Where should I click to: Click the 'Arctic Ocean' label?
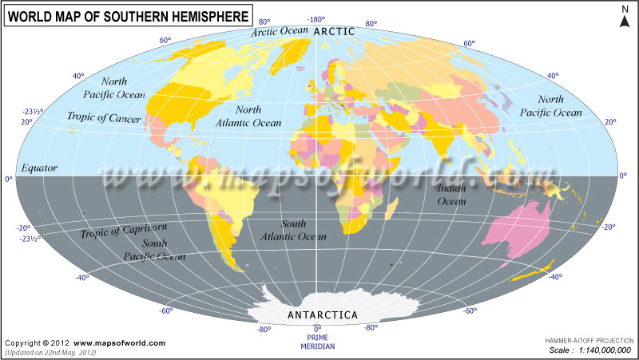coord(279,32)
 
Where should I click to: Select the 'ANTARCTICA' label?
coord(322,315)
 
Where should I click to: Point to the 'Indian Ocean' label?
coord(452,195)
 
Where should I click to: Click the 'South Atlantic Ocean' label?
coord(292,231)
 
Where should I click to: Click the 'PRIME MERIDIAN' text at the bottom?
coord(318,342)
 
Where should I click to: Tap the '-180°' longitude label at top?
coord(317,19)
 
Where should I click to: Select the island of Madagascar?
coord(392,209)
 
